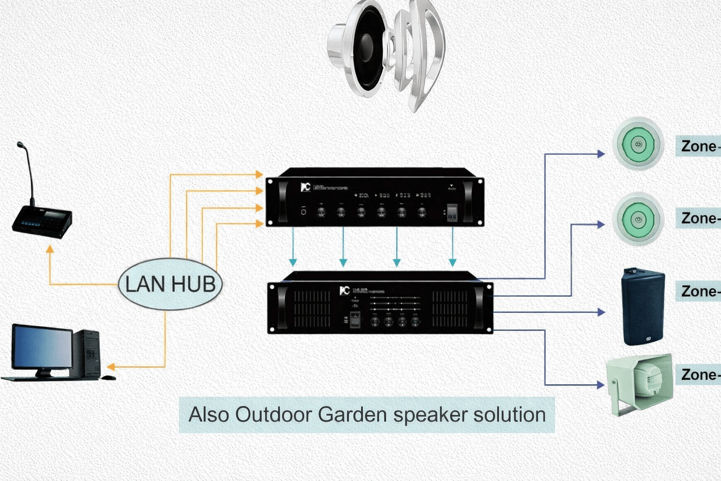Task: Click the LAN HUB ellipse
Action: coord(170,284)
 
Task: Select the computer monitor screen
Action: coord(42,348)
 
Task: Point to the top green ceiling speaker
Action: coord(638,144)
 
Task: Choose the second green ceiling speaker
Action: coord(638,219)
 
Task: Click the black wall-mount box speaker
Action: coord(643,306)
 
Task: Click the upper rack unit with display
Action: coord(375,197)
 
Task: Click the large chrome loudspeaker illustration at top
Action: coord(386,54)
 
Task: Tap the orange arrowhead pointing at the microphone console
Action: coord(50,248)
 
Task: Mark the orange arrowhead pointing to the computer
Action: coord(111,366)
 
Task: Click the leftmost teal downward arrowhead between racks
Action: coord(293,262)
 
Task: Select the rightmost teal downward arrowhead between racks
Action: coord(453,262)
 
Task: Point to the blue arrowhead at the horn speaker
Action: coord(600,385)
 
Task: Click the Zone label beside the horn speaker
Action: coord(699,374)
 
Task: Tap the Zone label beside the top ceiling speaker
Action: coord(699,146)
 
